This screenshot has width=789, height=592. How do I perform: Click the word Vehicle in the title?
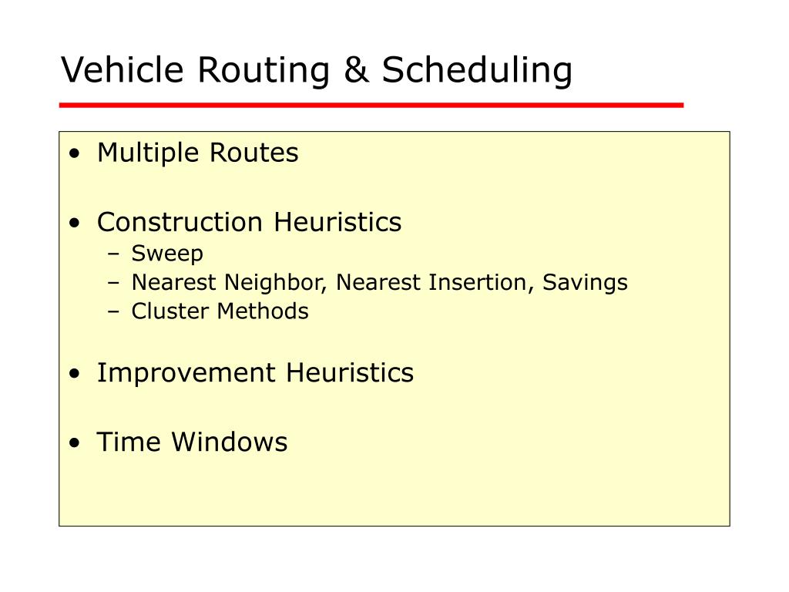tap(123, 69)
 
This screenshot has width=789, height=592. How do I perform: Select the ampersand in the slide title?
tap(356, 69)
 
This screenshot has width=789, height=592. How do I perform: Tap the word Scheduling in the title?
tap(477, 71)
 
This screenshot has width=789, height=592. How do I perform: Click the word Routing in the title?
tap(264, 71)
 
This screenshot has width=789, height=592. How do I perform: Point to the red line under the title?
tap(371, 105)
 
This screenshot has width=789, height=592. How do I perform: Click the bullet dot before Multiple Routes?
tap(75, 153)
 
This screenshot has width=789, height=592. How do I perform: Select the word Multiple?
tap(149, 153)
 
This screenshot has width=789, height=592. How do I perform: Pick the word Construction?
tap(180, 222)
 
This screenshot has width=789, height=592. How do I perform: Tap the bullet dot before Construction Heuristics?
tap(75, 223)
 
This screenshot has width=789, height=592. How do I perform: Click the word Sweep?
tap(167, 253)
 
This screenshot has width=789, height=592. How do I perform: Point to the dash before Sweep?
tap(114, 254)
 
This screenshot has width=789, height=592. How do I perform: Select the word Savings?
tap(585, 282)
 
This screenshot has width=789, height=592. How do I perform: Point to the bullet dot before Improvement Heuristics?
tap(75, 374)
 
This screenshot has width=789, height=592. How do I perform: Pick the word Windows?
tap(230, 442)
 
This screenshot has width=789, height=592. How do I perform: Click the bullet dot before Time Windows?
tap(75, 443)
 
